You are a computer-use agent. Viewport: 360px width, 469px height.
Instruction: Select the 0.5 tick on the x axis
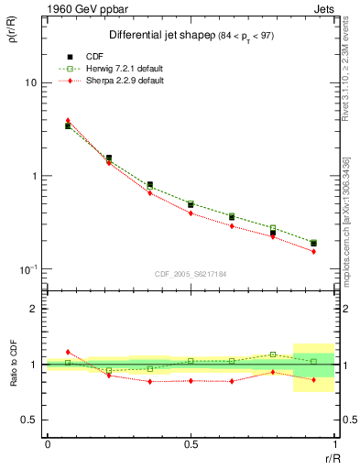[191, 444]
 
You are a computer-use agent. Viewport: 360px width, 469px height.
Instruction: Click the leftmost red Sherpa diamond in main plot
[68, 120]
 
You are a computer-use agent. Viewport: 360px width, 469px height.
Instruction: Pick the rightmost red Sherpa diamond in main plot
[313, 251]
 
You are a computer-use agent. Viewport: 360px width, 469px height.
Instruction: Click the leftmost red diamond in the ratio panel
[68, 352]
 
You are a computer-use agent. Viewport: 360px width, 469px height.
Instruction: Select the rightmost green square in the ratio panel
[313, 361]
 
